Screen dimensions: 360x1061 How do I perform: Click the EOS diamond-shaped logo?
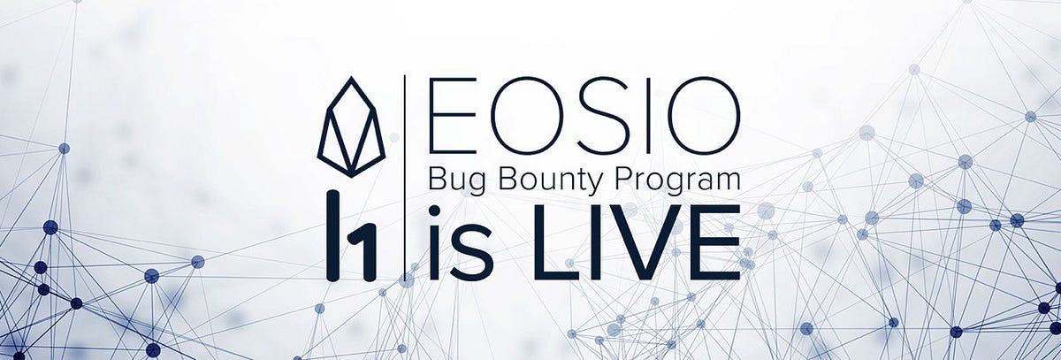tap(351, 127)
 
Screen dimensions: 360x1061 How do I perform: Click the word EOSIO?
tap(583, 116)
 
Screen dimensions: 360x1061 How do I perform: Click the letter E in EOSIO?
tap(451, 116)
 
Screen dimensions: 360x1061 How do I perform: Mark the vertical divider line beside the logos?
tap(405, 177)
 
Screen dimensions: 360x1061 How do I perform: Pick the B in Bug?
tap(437, 181)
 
